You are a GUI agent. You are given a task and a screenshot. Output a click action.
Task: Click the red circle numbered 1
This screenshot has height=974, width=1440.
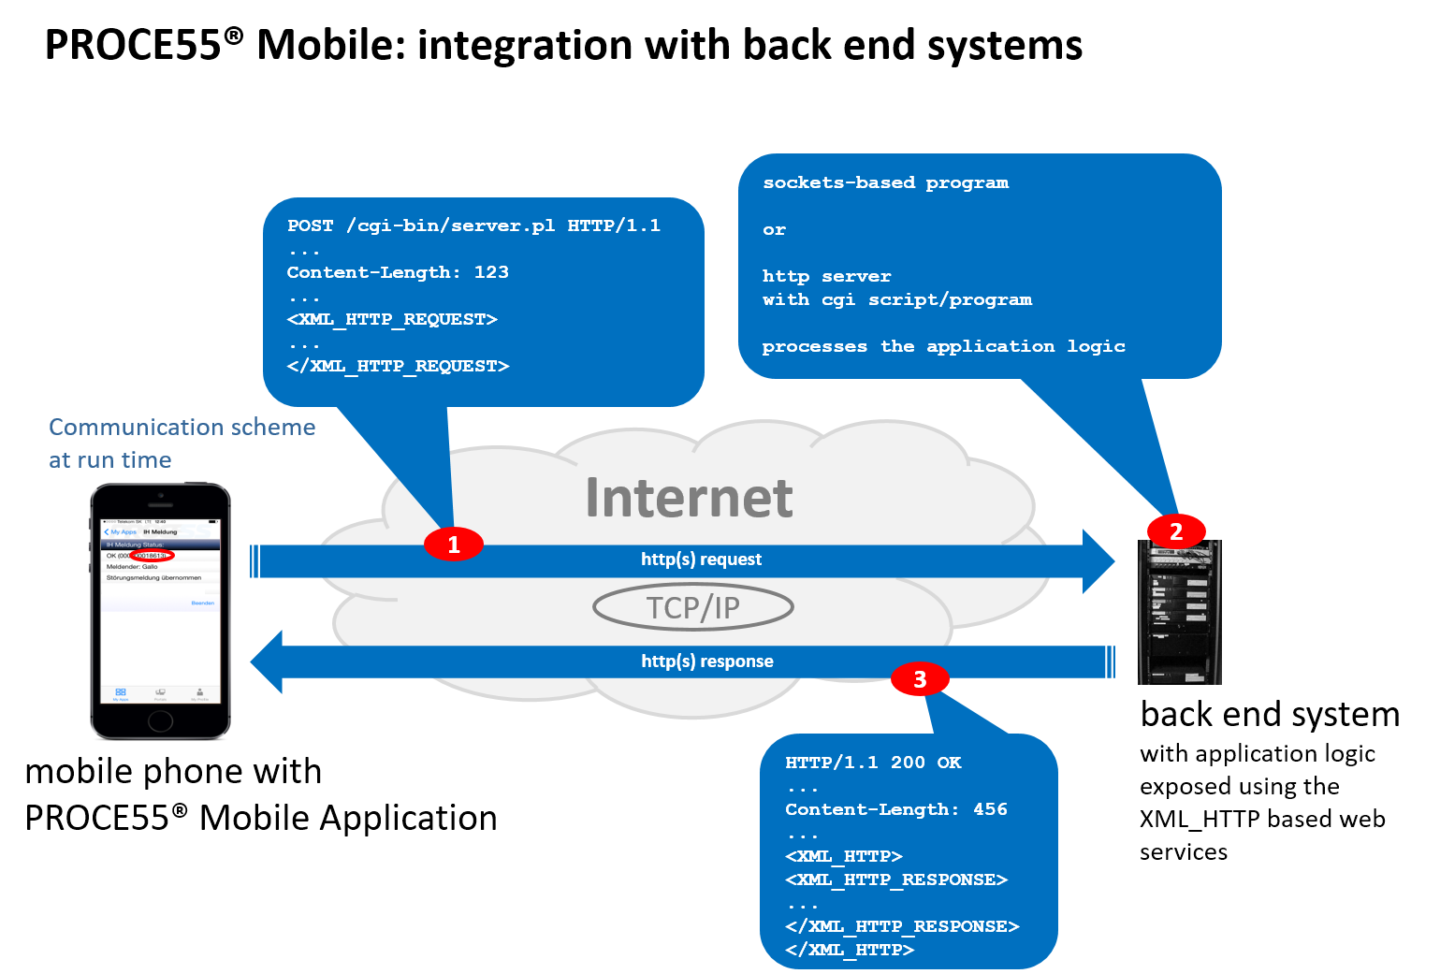point(454,544)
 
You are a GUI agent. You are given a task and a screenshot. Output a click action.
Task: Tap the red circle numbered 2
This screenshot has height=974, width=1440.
point(1176,531)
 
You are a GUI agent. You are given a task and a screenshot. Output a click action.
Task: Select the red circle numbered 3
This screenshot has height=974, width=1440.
point(920,679)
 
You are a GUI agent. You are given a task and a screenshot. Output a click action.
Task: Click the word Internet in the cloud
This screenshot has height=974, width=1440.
point(689,498)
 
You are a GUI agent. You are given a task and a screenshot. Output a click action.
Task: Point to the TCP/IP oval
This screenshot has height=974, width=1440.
point(693,608)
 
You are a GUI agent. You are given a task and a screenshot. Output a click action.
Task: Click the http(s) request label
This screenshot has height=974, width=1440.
point(701,560)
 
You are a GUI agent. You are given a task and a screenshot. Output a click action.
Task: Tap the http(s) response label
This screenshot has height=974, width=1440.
point(707,661)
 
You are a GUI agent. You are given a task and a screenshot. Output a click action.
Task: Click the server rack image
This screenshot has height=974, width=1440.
point(1180,613)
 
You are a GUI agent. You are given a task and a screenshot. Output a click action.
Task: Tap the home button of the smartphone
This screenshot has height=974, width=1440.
point(160,720)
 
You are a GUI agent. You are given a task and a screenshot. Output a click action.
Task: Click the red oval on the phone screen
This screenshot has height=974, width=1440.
point(152,556)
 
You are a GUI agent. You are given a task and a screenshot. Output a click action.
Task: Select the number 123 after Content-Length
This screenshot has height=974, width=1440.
point(491,272)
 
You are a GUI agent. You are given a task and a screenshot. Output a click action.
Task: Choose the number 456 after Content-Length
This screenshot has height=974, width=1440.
point(990,809)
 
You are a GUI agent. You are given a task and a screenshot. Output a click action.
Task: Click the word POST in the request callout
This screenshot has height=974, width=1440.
point(310,225)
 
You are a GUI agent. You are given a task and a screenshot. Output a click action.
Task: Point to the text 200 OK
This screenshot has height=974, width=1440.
point(925,763)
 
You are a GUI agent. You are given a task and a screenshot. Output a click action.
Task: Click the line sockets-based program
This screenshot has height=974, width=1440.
point(885,182)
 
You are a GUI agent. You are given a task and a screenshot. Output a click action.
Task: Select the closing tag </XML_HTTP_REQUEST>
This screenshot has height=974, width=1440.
point(398,366)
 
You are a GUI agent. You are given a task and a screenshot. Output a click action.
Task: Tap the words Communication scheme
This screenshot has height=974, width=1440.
point(182,428)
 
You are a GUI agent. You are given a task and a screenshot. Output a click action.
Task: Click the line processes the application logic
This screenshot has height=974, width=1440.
point(943,346)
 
